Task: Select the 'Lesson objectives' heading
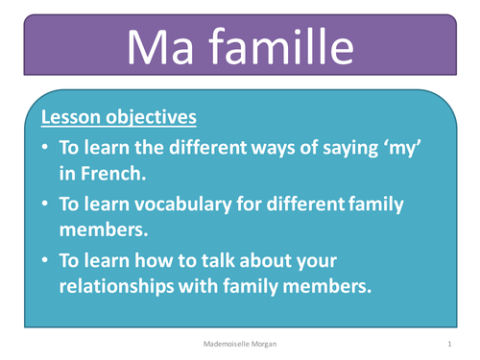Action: pos(118,119)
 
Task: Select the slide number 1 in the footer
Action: pos(449,343)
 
